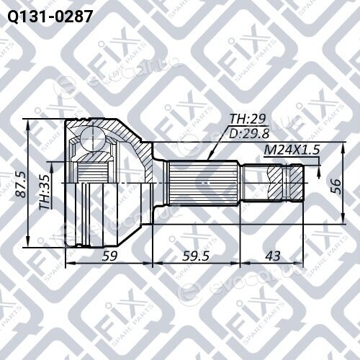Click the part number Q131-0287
pos(50,17)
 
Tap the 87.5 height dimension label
pos(21,184)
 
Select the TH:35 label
pos(45,192)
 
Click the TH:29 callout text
pos(248,119)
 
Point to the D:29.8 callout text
pos(249,133)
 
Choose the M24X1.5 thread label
pos(292,150)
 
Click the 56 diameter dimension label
pos(336,186)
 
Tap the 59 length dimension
pos(109,256)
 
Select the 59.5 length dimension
pos(196,256)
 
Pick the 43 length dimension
pos(273,256)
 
